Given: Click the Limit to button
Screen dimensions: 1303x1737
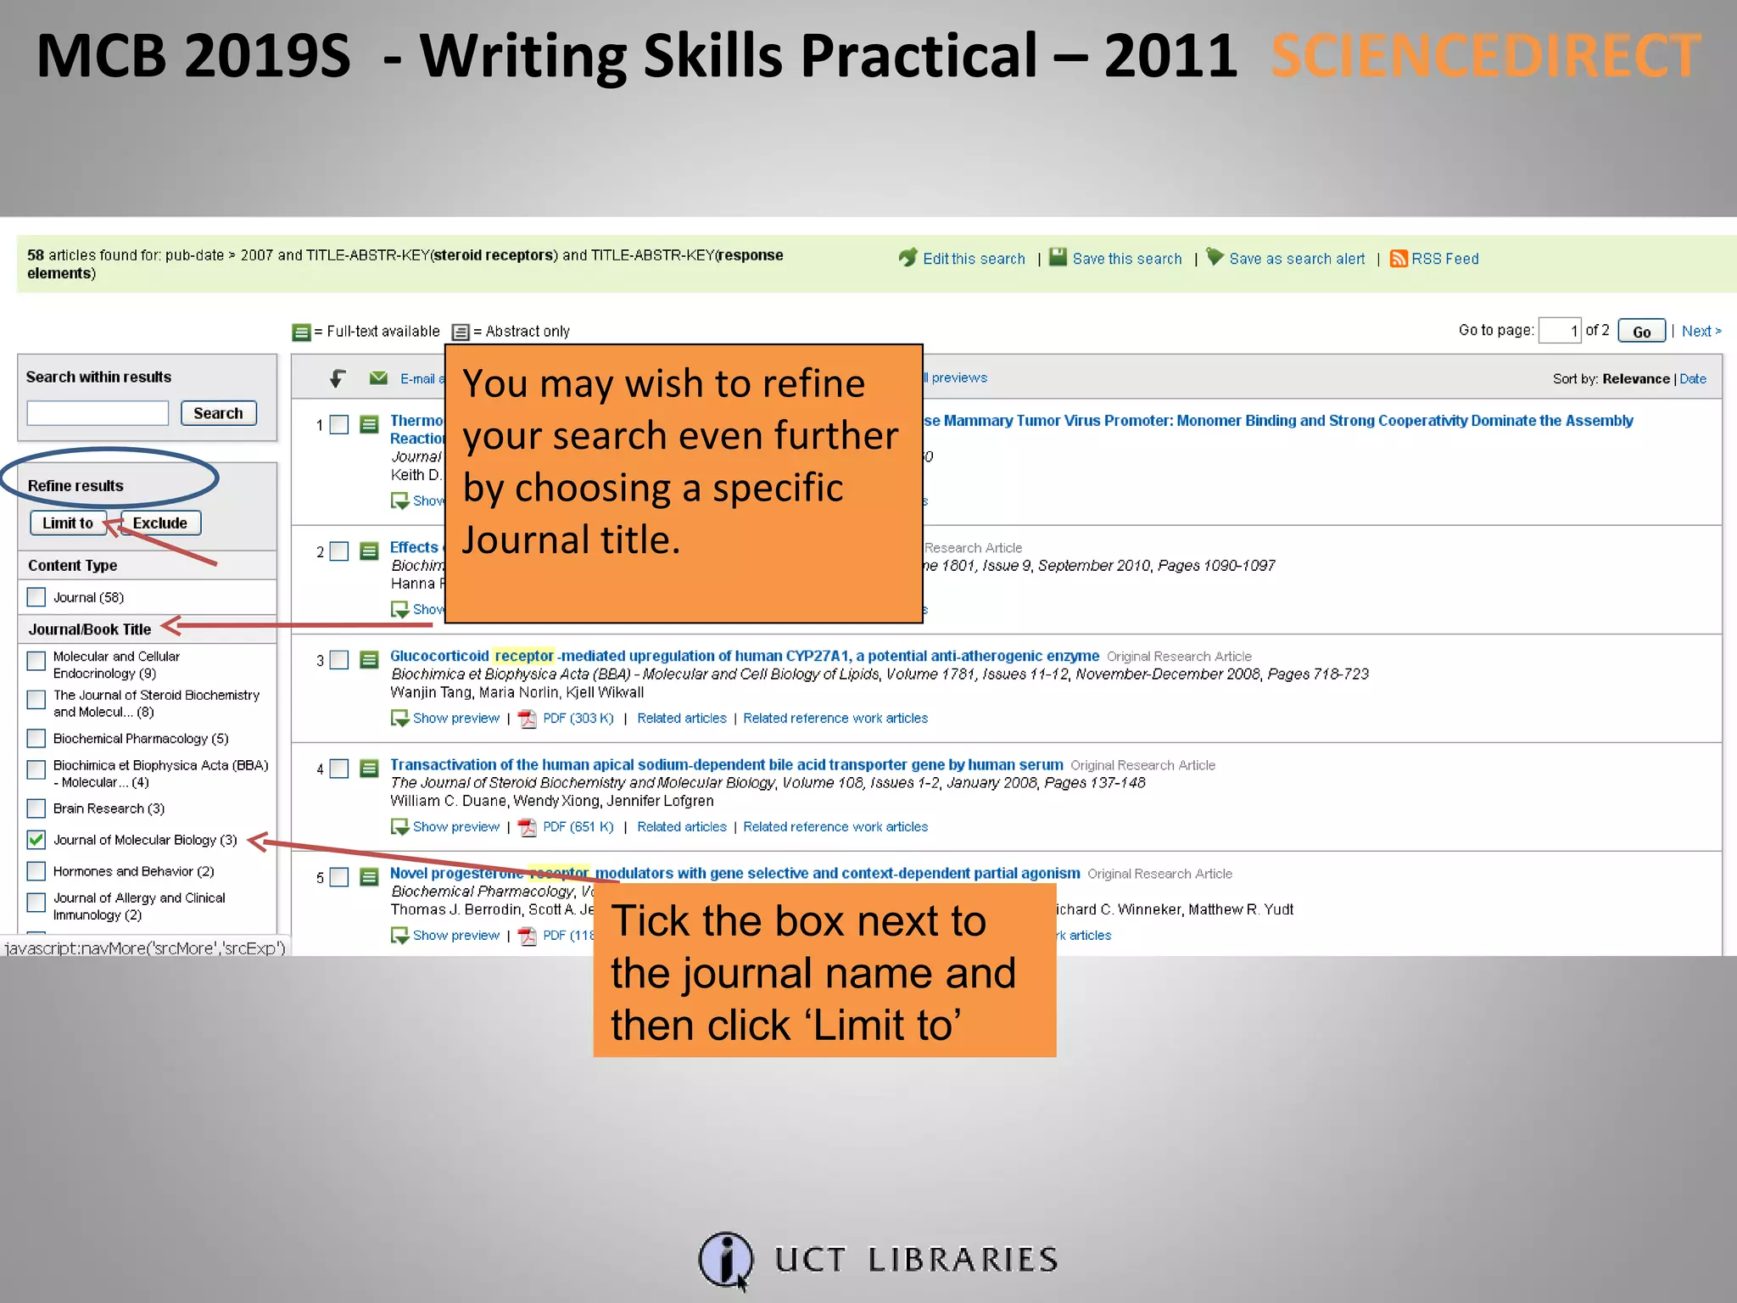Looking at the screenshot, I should coord(68,523).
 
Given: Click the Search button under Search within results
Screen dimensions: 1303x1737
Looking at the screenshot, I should coord(218,413).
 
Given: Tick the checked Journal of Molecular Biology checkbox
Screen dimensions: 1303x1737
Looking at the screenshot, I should coord(36,840).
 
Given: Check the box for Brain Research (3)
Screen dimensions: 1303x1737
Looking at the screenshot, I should coord(36,808).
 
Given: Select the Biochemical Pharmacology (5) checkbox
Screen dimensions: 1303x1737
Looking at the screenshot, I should coord(36,739).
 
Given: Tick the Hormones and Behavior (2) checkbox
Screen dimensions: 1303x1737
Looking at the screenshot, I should coord(36,871).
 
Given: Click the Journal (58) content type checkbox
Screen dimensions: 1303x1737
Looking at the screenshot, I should coord(36,597).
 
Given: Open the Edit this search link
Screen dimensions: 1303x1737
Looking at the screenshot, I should coord(973,259).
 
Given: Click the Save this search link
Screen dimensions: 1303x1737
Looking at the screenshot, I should coord(1126,259).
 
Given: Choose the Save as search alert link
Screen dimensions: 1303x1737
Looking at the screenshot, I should coord(1297,259).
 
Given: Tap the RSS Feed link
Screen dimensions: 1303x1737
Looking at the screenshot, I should coord(1444,259).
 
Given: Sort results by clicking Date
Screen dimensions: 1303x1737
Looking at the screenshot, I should coord(1692,379).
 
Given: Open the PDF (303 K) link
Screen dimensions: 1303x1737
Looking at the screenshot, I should coord(578,719).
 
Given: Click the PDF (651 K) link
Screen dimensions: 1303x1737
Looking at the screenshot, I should coord(578,827).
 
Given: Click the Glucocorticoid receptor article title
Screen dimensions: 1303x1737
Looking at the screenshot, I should coord(744,656).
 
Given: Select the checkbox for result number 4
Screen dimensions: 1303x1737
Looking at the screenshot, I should coord(339,769).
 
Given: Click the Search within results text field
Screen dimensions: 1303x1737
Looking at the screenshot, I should coord(98,413).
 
